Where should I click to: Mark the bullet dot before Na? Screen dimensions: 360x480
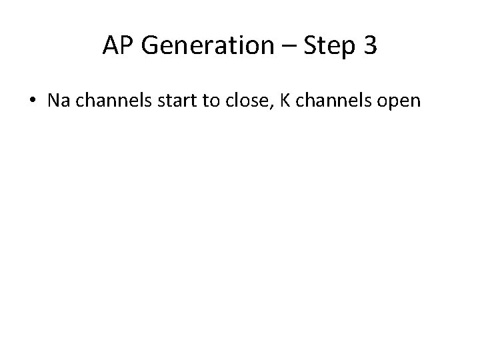pyautogui.click(x=32, y=101)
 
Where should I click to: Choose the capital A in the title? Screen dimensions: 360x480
pyautogui.click(x=110, y=45)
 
